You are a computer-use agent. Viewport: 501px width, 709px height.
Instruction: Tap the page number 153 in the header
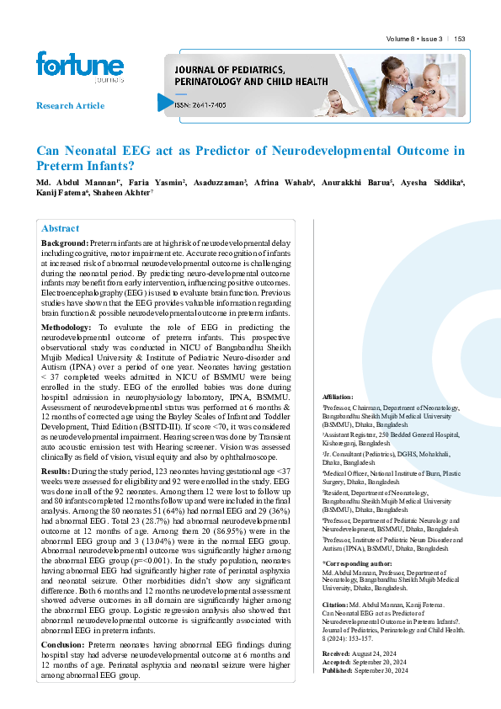click(460, 39)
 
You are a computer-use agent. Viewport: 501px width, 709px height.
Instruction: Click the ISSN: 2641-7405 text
click(200, 104)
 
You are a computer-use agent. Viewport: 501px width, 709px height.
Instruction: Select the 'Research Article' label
click(70, 106)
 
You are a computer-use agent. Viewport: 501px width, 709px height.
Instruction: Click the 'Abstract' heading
click(61, 228)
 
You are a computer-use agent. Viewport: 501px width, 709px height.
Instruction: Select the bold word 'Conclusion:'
click(67, 645)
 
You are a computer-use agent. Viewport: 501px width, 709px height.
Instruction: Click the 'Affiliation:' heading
click(339, 396)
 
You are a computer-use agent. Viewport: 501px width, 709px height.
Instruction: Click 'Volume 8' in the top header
click(402, 39)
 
